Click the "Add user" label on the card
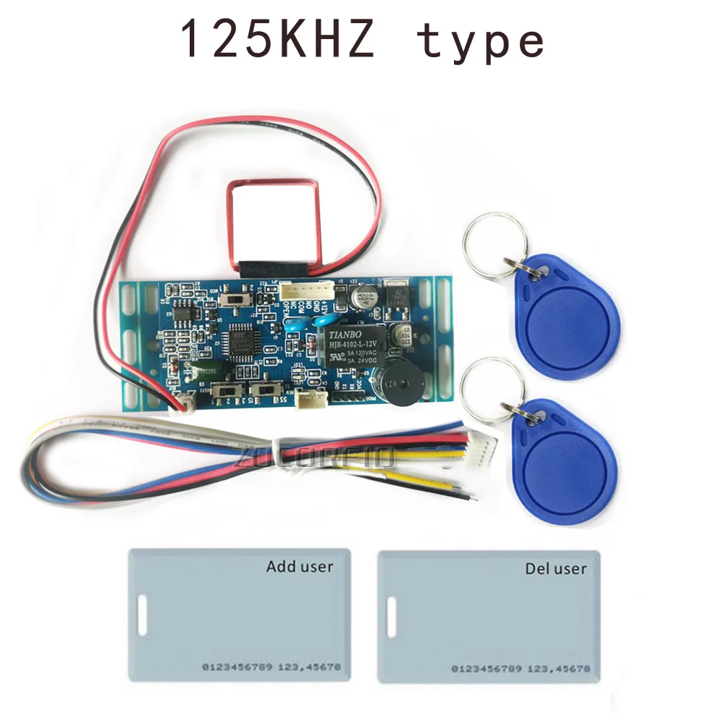pyautogui.click(x=300, y=565)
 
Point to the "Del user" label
pyautogui.click(x=555, y=568)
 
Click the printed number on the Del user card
pyautogui.click(x=520, y=668)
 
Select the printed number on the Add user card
pyautogui.click(x=270, y=666)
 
